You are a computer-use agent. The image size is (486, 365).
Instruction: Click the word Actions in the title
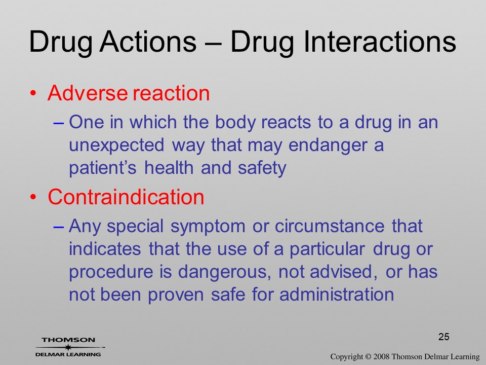pos(148,42)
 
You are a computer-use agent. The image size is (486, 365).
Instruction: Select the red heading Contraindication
pos(126,197)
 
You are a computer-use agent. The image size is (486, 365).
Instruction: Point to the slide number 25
pos(444,337)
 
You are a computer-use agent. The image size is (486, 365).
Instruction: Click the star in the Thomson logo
pos(68,347)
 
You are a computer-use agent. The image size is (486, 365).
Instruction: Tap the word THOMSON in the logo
pos(68,340)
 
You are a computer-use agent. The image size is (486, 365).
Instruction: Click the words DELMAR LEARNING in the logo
pos(68,354)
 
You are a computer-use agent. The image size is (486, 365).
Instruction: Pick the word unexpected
pos(116,145)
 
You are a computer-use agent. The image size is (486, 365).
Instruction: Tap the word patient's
pos(103,168)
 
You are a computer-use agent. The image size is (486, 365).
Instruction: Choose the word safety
pos(262,168)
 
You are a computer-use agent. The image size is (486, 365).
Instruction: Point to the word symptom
pos(208,226)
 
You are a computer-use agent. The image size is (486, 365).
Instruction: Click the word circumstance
pos(330,226)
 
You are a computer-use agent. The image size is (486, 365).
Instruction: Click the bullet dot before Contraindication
pos(33,197)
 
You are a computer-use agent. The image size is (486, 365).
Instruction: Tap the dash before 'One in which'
pos(59,123)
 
